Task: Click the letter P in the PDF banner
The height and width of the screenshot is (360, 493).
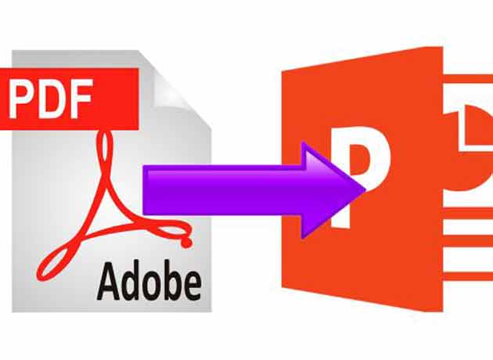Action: pyautogui.click(x=21, y=99)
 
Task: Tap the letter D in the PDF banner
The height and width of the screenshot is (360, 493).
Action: pyautogui.click(x=50, y=99)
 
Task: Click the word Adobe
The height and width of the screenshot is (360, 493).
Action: pyautogui.click(x=149, y=281)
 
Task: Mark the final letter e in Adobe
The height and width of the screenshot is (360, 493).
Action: pyautogui.click(x=193, y=286)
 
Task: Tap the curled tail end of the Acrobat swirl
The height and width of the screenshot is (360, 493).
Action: pyautogui.click(x=185, y=242)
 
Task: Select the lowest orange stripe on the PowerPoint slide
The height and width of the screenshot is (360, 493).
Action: pyautogui.click(x=468, y=276)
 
